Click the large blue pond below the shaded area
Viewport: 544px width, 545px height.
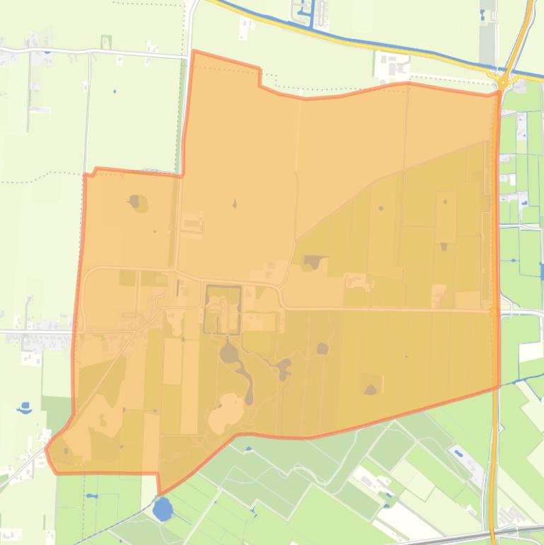[163, 508]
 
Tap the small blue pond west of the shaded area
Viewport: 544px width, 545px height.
[25, 408]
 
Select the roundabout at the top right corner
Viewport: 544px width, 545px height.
[503, 82]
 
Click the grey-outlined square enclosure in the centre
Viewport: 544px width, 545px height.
[223, 309]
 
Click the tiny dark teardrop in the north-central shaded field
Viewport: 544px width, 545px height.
[235, 205]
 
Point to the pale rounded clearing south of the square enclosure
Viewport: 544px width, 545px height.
[225, 413]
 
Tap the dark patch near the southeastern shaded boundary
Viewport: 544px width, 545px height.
[371, 389]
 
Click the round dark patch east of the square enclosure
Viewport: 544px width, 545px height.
[323, 348]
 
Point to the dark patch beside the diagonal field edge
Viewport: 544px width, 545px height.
[311, 263]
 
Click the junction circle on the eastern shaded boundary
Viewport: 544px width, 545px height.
[493, 310]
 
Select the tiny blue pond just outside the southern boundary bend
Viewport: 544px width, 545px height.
[248, 448]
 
